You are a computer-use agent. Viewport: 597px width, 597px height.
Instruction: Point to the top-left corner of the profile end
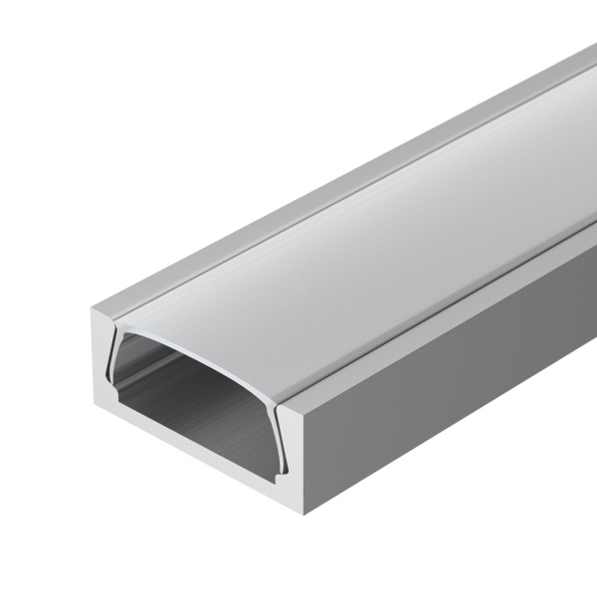95,307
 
